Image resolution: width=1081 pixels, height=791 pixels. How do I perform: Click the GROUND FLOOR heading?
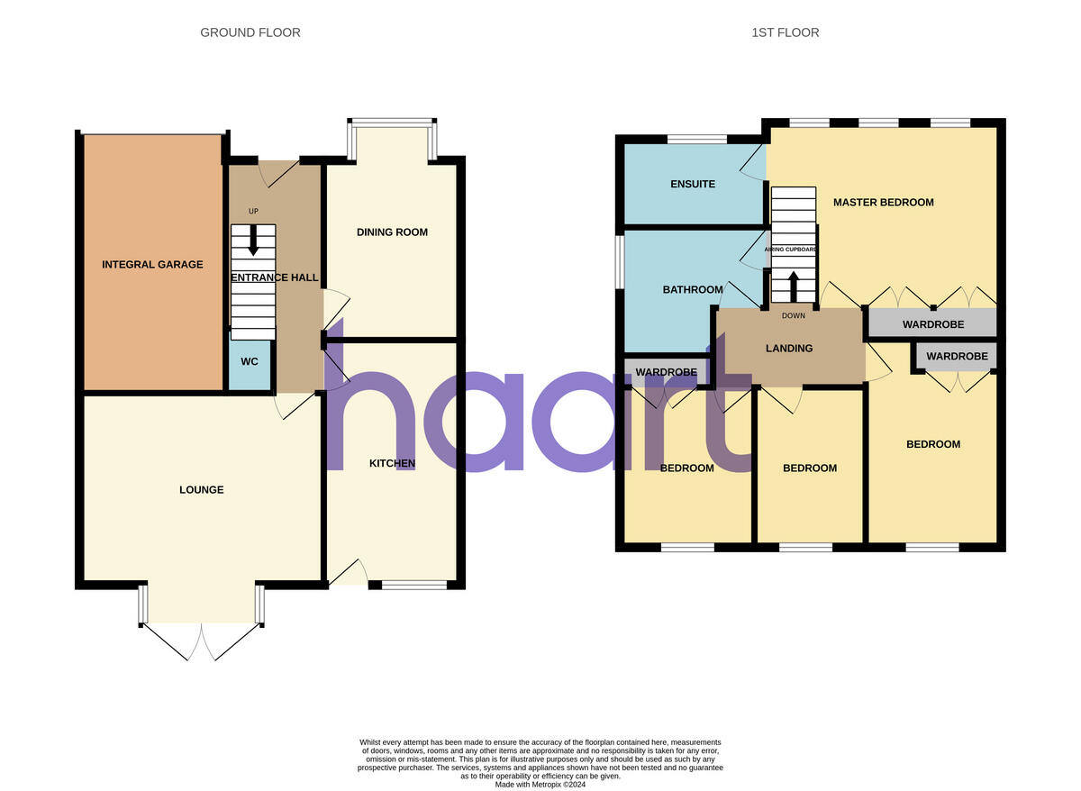point(250,32)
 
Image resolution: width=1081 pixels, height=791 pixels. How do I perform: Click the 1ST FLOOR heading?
point(786,32)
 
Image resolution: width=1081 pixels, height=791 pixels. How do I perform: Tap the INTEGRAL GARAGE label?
point(152,264)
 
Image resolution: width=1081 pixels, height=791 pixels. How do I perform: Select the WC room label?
point(250,361)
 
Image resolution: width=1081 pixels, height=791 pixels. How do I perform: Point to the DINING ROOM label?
point(392,232)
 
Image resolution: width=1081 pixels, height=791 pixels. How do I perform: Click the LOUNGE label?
point(201,490)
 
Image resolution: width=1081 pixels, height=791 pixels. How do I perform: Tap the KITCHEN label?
point(392,463)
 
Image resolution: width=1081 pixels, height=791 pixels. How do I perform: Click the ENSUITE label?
point(693,184)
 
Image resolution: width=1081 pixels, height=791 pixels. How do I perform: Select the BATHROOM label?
point(693,289)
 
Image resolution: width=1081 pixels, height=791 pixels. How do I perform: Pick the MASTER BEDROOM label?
point(883,202)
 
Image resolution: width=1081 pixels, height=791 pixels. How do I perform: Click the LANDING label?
point(789,348)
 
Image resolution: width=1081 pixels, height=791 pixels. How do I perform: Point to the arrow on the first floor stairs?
point(794,286)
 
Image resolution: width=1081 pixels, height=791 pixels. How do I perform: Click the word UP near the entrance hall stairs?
point(253,211)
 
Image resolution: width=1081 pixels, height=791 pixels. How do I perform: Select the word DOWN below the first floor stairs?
point(794,315)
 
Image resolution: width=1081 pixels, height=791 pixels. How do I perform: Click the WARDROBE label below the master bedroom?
point(933,324)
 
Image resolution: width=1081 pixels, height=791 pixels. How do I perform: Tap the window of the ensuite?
point(696,140)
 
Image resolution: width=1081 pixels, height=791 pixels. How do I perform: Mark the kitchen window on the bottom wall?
point(414,586)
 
